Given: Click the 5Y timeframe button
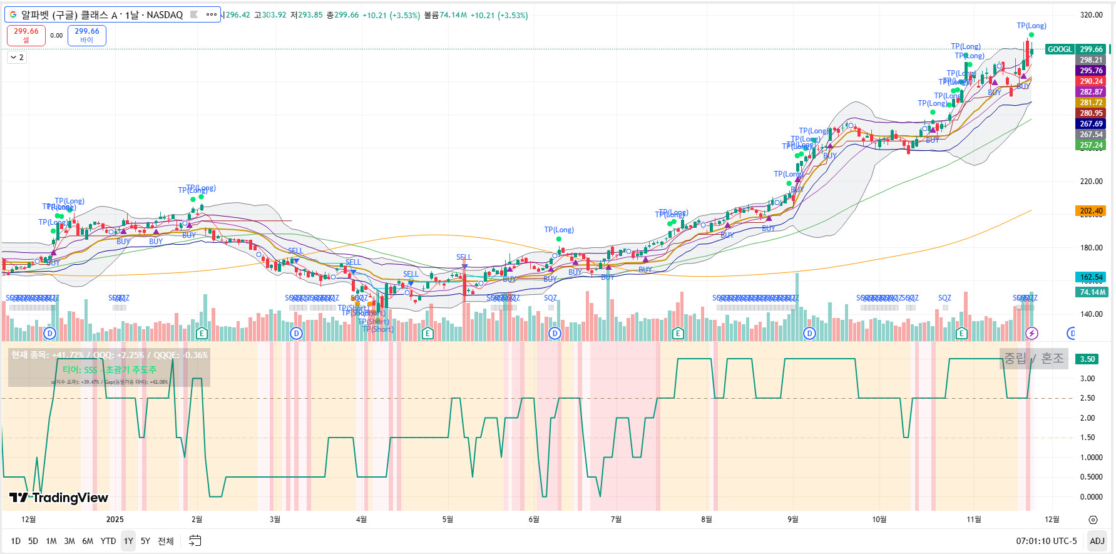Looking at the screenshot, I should pyautogui.click(x=145, y=541).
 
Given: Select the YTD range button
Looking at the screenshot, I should pyautogui.click(x=108, y=541).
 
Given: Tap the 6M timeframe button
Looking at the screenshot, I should pyautogui.click(x=88, y=541).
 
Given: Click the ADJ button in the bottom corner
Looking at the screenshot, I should pyautogui.click(x=1097, y=541).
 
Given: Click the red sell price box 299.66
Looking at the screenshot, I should pyautogui.click(x=26, y=35).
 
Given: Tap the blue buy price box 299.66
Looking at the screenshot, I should pyautogui.click(x=86, y=35).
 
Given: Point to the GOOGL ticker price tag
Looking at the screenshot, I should pyautogui.click(x=1060, y=49).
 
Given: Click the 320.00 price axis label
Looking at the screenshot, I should pyautogui.click(x=1091, y=15).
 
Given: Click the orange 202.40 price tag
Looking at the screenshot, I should pyautogui.click(x=1091, y=211).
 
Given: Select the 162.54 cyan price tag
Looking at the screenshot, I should pyautogui.click(x=1091, y=277).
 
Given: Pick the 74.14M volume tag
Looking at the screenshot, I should pyautogui.click(x=1091, y=292).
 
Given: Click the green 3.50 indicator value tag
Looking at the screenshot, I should pyautogui.click(x=1088, y=359).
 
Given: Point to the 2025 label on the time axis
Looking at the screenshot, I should pyautogui.click(x=115, y=520).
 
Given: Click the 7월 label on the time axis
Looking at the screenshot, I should pyautogui.click(x=616, y=520).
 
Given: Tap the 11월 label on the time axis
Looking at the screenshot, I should pyautogui.click(x=973, y=520).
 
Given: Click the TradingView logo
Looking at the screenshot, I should pyautogui.click(x=59, y=498).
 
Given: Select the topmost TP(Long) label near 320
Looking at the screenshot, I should pyautogui.click(x=1031, y=26).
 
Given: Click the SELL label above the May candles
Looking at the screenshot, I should pyautogui.click(x=464, y=257).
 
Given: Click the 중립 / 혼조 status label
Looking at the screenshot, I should pyautogui.click(x=1033, y=358).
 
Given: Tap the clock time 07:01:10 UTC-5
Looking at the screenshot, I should pyautogui.click(x=1046, y=541).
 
